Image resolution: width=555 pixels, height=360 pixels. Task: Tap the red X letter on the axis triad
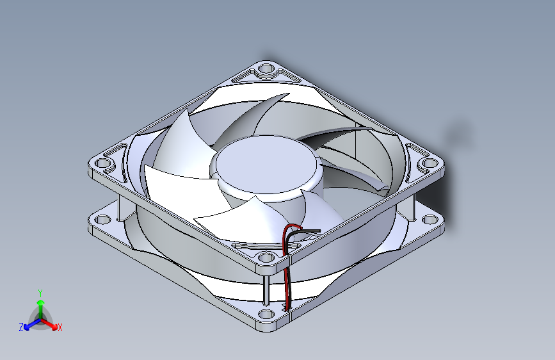(x=60, y=328)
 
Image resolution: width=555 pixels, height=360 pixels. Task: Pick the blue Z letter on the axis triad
(x=21, y=327)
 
